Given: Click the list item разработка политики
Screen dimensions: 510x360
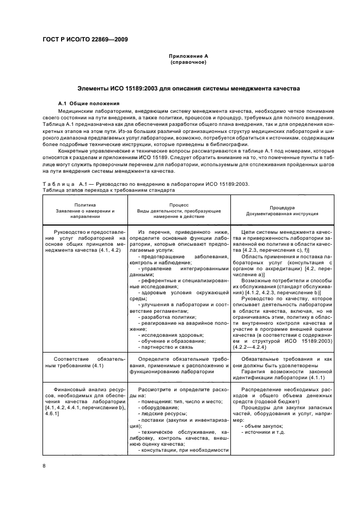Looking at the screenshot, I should pos(162,317).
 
